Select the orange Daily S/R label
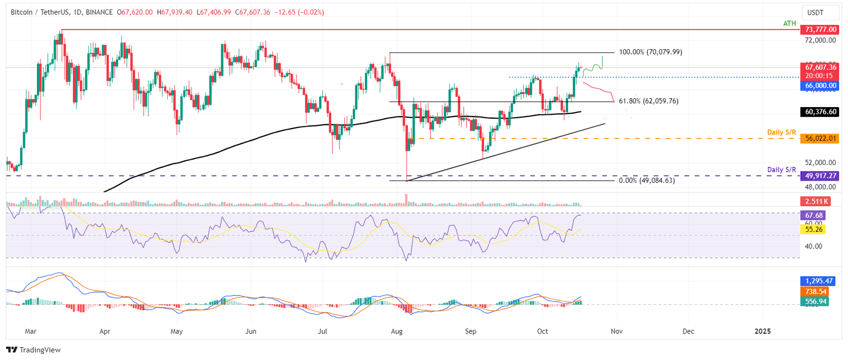(x=782, y=133)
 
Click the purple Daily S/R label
(x=782, y=169)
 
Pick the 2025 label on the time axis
(x=763, y=332)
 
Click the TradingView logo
(x=33, y=350)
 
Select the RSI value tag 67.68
(x=813, y=215)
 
